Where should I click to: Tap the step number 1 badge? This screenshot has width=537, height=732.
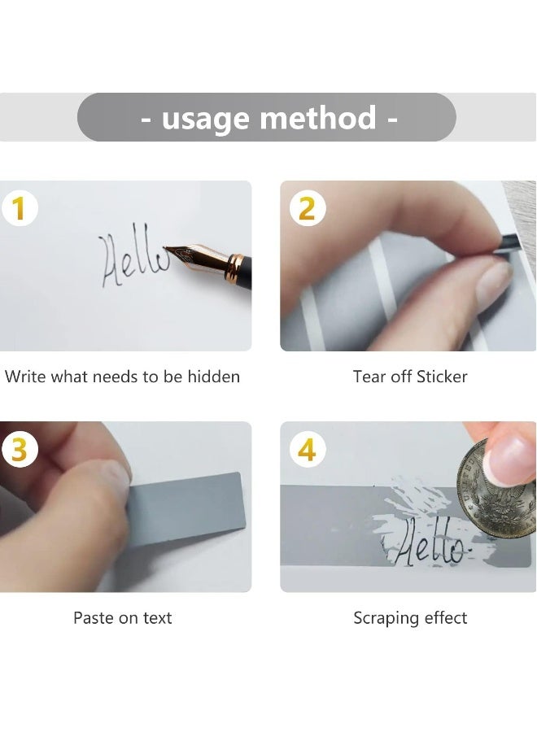[x=20, y=209]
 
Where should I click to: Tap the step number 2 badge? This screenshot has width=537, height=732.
[x=307, y=209]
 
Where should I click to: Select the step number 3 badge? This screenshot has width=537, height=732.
[x=20, y=450]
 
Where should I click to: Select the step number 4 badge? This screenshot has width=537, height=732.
[x=307, y=450]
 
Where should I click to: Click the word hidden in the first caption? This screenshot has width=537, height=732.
[x=214, y=377]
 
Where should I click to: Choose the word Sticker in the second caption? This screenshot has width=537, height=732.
[x=442, y=377]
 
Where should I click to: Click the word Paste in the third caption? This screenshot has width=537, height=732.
[x=94, y=618]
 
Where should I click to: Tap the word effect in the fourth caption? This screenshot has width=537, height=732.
[x=446, y=618]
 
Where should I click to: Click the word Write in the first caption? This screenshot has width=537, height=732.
[x=26, y=377]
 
